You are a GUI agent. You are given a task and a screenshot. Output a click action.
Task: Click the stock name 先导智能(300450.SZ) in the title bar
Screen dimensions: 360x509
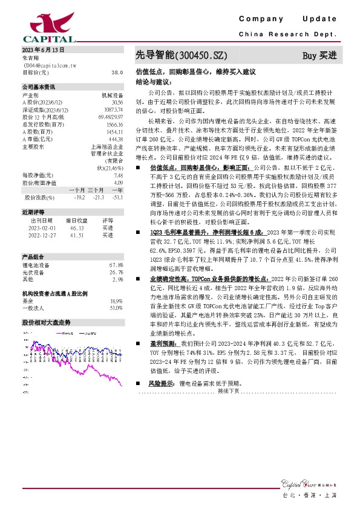point(181,56)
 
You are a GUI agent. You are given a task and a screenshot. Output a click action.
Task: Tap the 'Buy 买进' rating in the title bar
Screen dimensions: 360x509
point(319,56)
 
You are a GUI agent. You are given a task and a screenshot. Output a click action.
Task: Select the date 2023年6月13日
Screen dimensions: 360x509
point(43,49)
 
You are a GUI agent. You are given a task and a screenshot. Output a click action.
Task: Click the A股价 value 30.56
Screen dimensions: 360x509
point(117,102)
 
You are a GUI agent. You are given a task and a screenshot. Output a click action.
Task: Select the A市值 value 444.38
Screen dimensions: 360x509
point(116,139)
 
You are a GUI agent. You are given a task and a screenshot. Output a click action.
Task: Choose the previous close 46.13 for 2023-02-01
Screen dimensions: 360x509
point(77,229)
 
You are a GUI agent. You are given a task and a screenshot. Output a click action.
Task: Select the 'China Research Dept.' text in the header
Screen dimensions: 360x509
point(287,35)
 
